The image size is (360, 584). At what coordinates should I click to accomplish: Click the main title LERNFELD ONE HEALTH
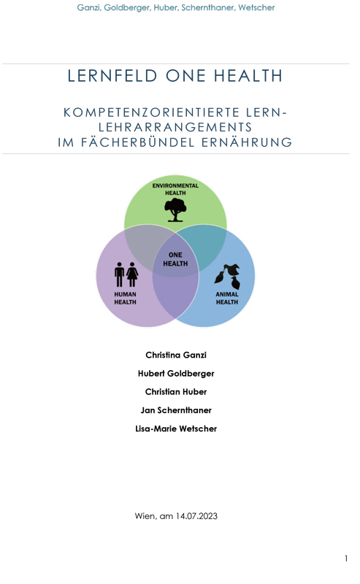point(175,76)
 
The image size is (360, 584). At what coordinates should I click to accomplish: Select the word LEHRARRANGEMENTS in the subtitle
point(175,127)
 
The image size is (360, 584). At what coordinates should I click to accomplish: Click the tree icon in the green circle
point(175,210)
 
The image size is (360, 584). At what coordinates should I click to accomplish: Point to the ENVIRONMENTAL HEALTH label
point(175,189)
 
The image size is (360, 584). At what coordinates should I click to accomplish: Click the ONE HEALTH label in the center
point(175,259)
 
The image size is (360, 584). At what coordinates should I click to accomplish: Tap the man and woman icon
point(126,274)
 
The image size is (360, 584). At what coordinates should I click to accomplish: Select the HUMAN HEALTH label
point(125,298)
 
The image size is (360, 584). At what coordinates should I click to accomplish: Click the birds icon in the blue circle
point(227,277)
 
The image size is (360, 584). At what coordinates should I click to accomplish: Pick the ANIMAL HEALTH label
point(227,298)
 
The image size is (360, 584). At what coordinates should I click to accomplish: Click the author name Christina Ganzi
point(176,355)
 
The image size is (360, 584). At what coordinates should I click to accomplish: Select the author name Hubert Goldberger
point(176,374)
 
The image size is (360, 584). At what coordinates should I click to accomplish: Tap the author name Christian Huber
point(176,392)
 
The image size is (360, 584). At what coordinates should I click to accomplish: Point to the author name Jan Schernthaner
point(176,410)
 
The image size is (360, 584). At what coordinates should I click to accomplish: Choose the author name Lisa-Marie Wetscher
point(176,429)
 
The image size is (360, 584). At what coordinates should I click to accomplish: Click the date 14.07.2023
point(196,516)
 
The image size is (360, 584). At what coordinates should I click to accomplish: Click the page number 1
point(346,558)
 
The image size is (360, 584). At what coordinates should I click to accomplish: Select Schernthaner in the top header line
point(208,7)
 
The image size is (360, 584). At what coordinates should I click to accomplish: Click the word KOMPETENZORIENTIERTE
point(151,112)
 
